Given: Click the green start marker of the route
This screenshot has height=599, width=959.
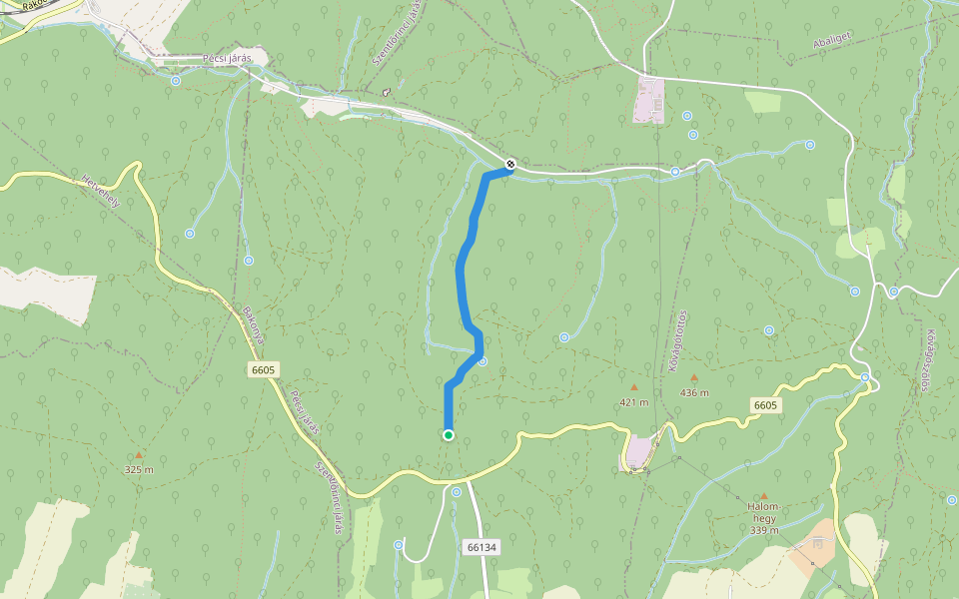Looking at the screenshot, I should tap(449, 434).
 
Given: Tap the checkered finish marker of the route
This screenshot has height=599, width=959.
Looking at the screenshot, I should tap(510, 164).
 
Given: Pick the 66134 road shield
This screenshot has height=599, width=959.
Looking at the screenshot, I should tap(481, 547).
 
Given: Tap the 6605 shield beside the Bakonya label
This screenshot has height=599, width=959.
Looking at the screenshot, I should tap(264, 369).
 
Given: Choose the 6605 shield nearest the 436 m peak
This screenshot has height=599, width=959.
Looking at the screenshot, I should tap(765, 404).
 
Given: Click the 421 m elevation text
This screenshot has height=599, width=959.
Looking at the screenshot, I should tap(633, 402).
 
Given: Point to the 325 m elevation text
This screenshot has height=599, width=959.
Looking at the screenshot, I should tap(139, 469).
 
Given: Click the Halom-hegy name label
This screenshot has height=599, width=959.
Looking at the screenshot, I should tap(763, 512).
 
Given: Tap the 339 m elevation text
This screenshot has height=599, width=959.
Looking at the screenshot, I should tap(764, 530).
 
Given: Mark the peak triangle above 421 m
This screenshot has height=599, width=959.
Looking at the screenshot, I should tap(633, 387).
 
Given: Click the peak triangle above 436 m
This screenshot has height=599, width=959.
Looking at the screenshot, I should tap(693, 377).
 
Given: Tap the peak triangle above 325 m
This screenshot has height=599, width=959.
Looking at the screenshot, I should tap(139, 455).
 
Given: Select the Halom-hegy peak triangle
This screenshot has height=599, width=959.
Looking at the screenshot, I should tap(764, 496).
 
